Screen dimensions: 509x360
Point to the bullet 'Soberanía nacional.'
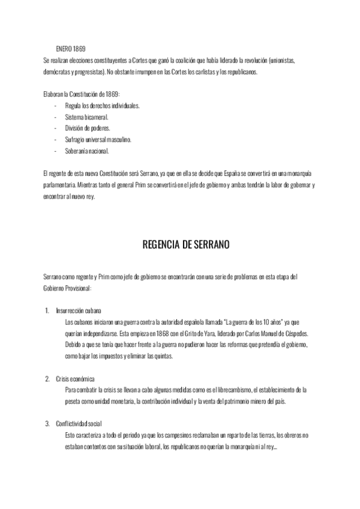(x=87, y=151)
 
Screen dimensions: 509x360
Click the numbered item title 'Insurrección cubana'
(x=78, y=311)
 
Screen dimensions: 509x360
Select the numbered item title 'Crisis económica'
(x=74, y=379)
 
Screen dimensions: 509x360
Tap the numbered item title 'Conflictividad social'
(x=80, y=424)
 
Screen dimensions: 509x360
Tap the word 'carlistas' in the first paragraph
(x=203, y=71)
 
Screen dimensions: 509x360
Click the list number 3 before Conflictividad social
(x=47, y=424)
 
